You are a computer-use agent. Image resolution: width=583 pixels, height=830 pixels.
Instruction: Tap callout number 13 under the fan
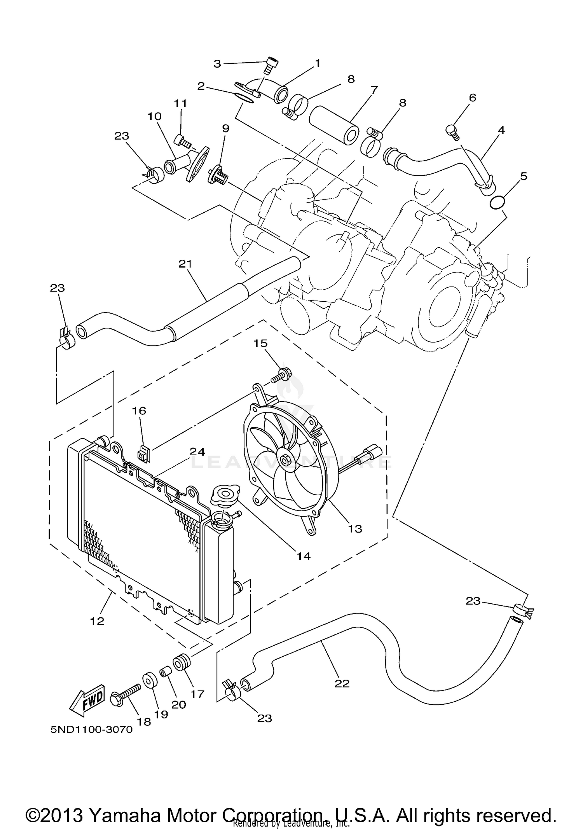click(x=355, y=528)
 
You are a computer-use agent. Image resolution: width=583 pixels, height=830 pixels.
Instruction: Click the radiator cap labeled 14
click(x=225, y=497)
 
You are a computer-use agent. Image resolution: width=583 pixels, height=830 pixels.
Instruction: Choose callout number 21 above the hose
click(x=185, y=264)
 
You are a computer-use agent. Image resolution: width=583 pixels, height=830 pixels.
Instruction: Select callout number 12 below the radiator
click(x=97, y=621)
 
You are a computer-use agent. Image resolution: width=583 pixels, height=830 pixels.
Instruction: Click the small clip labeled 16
click(x=143, y=453)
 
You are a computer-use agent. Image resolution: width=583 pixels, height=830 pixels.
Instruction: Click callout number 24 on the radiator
click(x=197, y=452)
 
